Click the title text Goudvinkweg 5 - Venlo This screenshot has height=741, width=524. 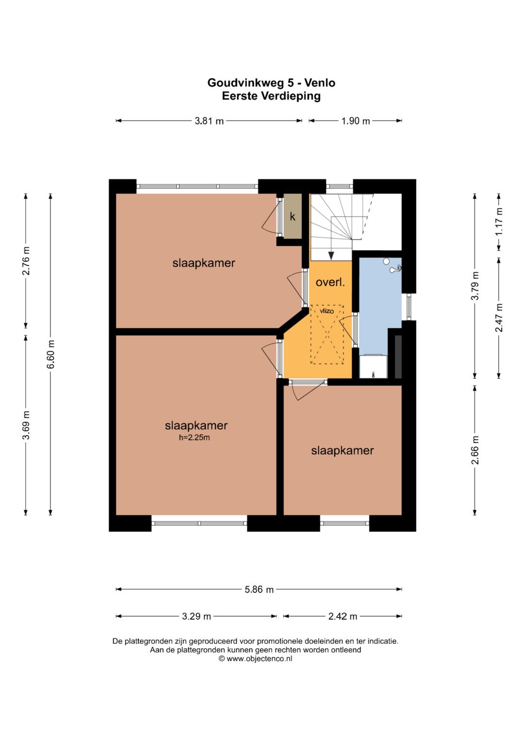[271, 82]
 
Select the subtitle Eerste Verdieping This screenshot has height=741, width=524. [271, 96]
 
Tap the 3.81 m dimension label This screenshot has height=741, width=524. [209, 121]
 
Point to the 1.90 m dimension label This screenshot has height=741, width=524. [356, 121]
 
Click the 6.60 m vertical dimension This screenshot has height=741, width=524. [50, 354]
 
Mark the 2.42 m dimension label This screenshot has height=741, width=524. [343, 616]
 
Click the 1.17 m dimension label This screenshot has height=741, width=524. [499, 222]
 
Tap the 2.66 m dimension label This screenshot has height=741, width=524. [475, 450]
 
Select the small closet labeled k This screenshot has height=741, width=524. [293, 216]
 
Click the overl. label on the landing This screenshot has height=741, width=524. [330, 282]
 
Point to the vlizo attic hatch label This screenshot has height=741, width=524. [327, 311]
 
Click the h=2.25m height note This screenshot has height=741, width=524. [195, 437]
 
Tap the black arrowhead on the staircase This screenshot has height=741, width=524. [331, 256]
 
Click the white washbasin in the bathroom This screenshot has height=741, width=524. [373, 366]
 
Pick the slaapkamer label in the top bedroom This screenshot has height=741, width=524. [204, 263]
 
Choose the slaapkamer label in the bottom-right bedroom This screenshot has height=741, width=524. [343, 450]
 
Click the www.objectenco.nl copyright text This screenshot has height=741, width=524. [255, 659]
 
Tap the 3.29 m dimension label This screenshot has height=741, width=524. [196, 616]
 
